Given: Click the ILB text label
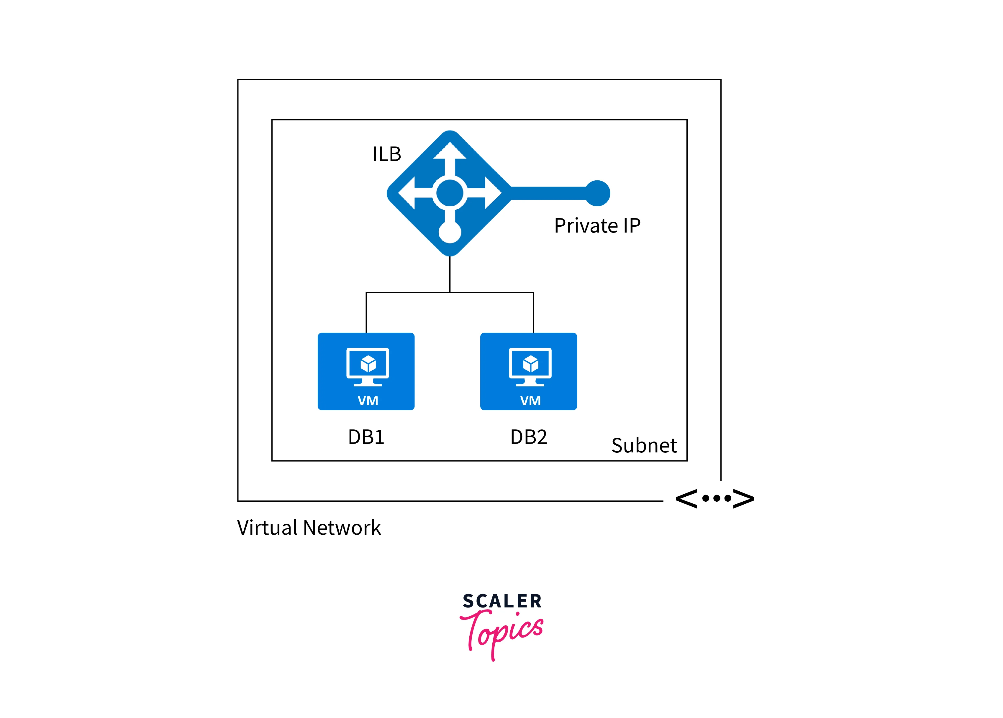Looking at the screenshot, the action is pos(386,154).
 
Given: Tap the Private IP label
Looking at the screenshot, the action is pos(597,226).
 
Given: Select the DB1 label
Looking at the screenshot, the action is pos(366,437).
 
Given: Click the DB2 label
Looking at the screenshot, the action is pos(528,437).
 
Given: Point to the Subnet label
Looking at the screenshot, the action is pos(644,445).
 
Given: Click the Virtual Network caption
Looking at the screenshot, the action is pos(309,528).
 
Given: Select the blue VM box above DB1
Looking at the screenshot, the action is pos(366,372).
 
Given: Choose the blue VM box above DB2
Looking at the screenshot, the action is pos(528,372).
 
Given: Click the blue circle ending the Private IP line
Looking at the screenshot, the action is pos(598,193).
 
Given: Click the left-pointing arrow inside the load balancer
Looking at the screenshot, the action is pos(415,193).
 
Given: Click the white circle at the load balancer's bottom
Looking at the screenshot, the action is pos(450,232).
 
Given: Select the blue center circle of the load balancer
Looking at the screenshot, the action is pos(450,193).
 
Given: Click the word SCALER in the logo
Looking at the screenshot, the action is pos(502,601).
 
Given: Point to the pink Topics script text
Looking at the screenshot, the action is pos(502,633).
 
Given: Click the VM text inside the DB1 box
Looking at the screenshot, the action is pos(368,401).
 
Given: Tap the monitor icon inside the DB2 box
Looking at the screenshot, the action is pos(530,367).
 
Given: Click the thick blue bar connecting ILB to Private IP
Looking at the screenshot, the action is pos(548,193).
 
